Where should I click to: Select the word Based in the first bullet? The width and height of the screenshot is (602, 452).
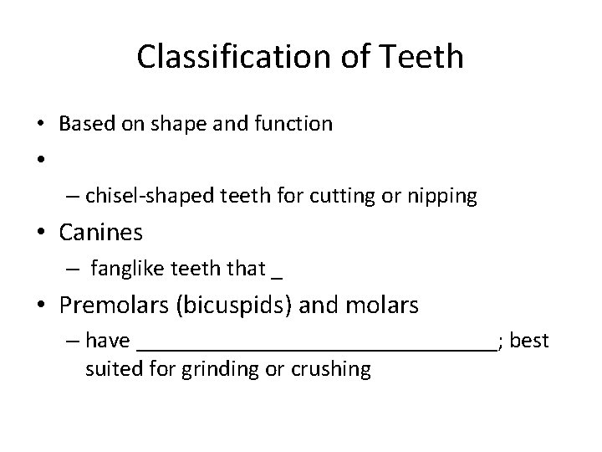click(x=84, y=125)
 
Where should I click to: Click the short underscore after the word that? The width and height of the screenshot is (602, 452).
click(x=278, y=275)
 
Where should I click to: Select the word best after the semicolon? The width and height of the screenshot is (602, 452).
click(x=529, y=341)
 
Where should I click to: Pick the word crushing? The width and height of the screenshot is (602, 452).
click(x=333, y=368)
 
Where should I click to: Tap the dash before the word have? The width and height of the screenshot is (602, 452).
click(x=70, y=341)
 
